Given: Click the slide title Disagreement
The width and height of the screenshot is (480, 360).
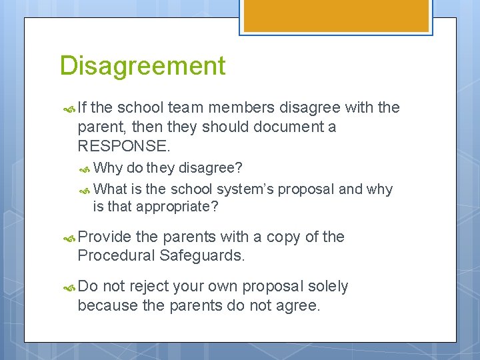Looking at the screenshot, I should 143,66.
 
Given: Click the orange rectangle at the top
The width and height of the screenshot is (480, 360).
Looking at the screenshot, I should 335,15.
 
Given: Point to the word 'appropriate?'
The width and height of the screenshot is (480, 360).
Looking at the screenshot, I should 177,207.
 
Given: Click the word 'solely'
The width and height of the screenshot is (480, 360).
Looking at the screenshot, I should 327,287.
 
